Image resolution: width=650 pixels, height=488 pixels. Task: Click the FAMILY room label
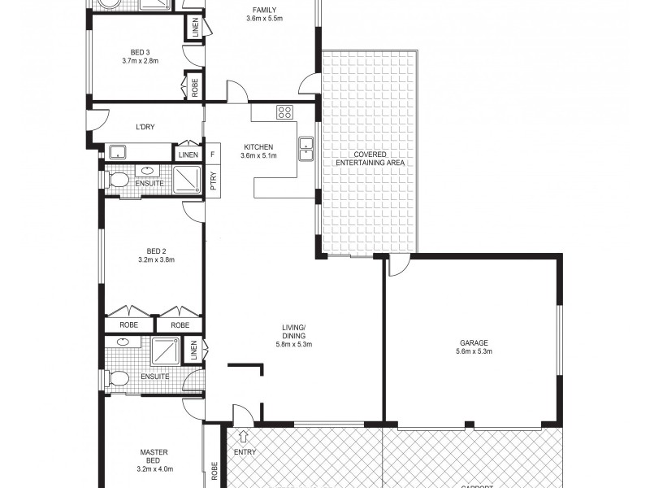[262, 9]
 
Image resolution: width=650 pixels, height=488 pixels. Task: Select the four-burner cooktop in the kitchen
[284, 112]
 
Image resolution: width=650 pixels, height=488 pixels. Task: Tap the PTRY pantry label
[213, 181]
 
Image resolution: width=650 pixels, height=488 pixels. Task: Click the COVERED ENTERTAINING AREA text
[370, 159]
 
